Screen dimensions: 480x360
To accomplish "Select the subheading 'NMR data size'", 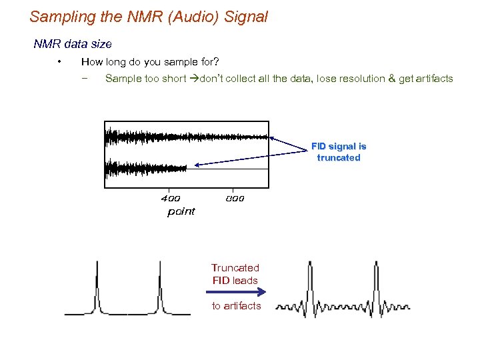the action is pos(73,44).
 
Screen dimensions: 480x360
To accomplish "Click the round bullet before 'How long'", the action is pos(59,62).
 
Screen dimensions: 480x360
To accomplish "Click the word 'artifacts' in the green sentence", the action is pos(431,79).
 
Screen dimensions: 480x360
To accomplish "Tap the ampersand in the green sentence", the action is pos(391,79).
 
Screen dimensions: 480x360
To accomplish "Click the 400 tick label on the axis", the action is pos(171,198).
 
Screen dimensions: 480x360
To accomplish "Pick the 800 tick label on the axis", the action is pos(235,198).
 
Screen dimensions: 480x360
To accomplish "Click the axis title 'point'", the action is pos(181,211).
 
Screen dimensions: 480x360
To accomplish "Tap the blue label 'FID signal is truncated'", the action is pos(339,152).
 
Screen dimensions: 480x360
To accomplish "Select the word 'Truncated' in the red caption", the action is pos(235,268).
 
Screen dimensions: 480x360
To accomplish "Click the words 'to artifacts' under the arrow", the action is pos(236,306).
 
